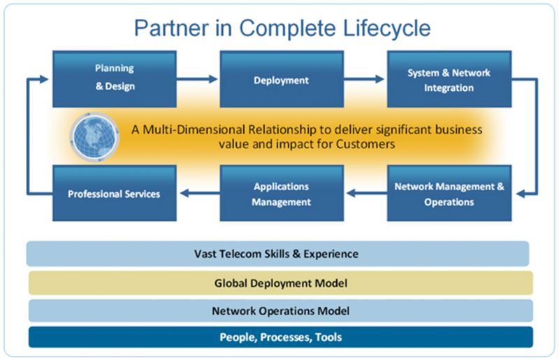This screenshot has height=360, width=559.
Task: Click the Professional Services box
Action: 114,194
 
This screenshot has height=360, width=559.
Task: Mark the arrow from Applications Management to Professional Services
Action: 196,194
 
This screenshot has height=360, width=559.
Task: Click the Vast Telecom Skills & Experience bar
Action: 277,254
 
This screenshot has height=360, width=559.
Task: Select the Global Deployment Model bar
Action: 280,283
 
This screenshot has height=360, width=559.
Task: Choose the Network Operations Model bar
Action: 280,310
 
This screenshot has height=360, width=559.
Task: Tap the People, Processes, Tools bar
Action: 280,338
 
